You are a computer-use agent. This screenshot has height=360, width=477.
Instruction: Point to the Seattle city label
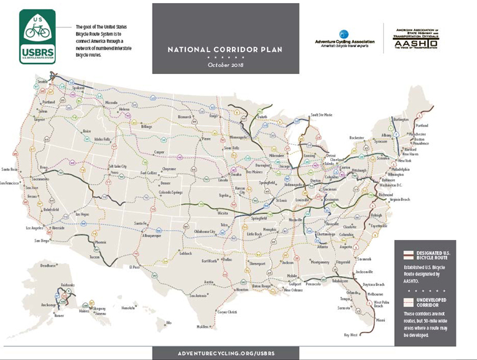42,82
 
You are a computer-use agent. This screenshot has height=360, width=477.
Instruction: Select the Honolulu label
128,308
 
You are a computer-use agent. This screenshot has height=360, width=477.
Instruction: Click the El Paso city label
136,267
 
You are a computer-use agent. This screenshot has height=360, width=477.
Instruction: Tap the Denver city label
165,183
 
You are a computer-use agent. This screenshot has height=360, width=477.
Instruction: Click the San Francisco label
12,183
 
